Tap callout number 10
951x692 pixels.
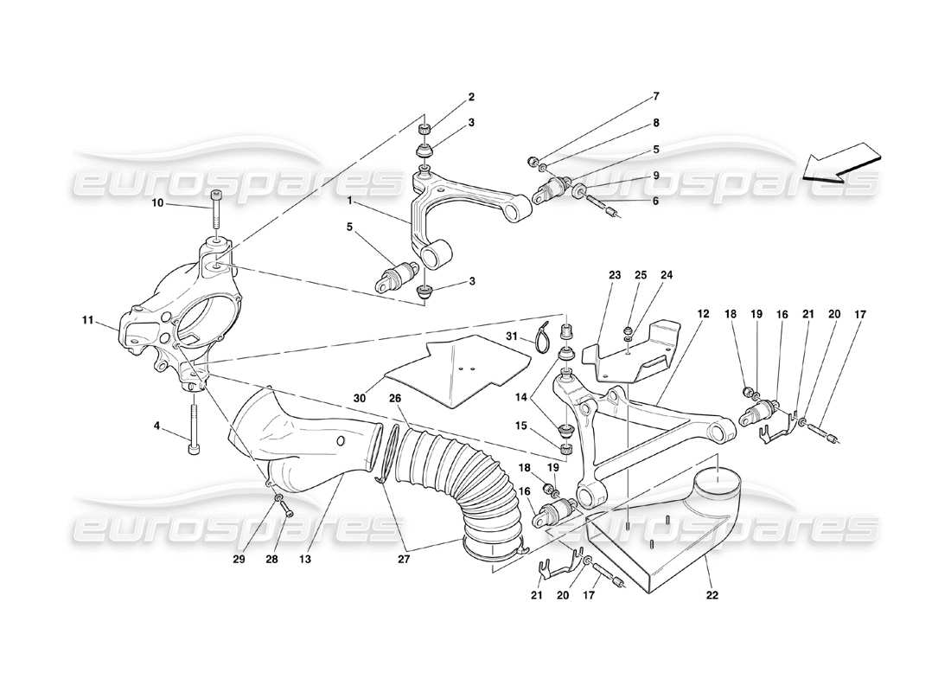[157, 204]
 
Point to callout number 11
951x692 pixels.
[88, 320]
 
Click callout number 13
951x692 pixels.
[304, 561]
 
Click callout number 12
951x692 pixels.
[702, 313]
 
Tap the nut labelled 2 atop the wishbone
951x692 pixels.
[424, 130]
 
